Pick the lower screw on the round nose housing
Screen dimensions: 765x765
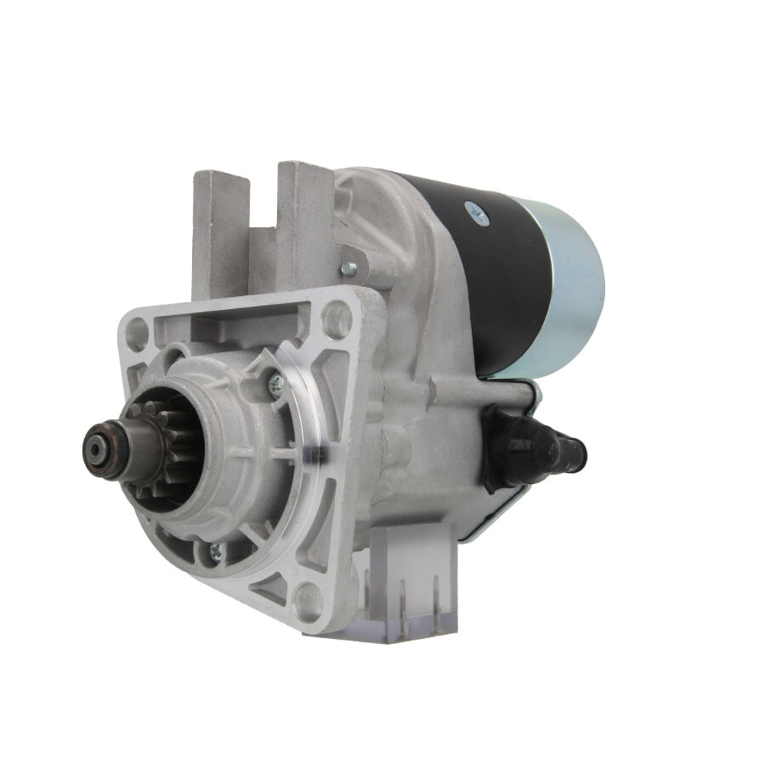216,549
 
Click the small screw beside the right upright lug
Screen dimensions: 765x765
349,268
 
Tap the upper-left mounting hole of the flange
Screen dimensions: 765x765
137,334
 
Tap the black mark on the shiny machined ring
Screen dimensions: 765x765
315,457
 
